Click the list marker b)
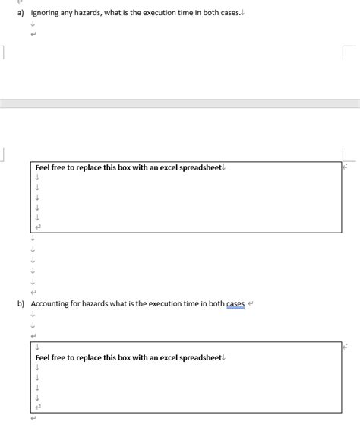[x=21, y=304]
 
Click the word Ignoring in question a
[x=46, y=13]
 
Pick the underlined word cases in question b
[x=235, y=304]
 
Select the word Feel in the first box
[x=44, y=167]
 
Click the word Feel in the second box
[x=44, y=357]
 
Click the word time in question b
[x=194, y=304]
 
